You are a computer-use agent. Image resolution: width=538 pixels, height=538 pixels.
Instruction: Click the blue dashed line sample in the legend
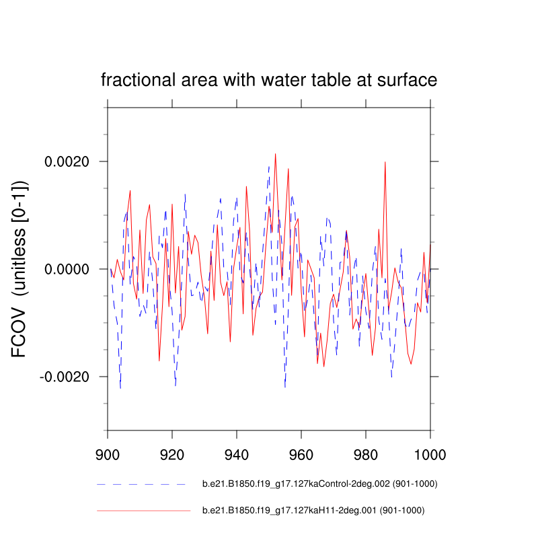click(141, 484)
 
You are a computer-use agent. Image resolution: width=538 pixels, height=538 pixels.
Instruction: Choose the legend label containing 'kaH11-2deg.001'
click(313, 511)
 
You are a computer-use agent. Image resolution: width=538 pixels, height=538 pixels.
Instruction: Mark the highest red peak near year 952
click(275, 154)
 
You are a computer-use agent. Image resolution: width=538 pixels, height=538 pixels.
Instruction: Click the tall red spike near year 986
click(385, 162)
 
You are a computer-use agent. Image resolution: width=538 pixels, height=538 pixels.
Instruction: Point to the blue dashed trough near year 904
click(120, 388)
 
